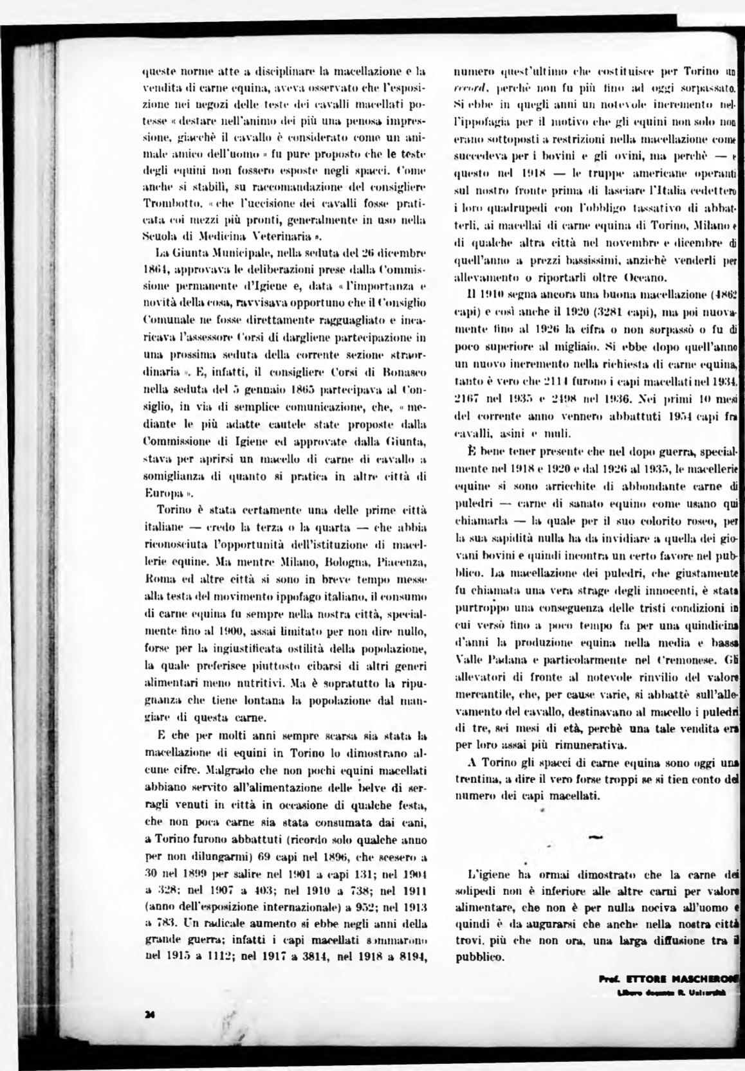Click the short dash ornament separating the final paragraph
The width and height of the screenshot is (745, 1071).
[x=595, y=838]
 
